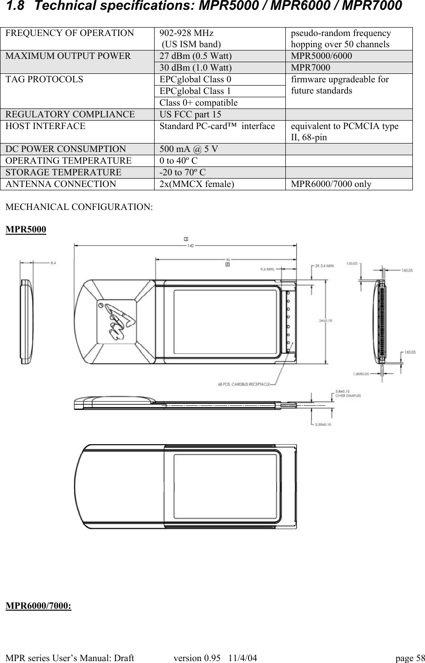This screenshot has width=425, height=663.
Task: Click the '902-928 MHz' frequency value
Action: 186,34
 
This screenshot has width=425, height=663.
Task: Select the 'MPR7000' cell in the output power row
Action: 307,68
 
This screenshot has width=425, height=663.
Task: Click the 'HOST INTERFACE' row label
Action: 45,126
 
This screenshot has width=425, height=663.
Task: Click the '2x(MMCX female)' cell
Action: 197,184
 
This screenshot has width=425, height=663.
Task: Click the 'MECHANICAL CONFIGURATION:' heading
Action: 78,207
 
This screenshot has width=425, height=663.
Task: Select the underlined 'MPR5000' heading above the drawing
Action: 26,230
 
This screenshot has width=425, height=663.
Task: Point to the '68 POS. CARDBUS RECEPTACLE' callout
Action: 244,384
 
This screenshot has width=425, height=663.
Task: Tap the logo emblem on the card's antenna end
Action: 116,320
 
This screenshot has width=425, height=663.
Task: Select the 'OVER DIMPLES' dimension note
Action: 348,396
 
